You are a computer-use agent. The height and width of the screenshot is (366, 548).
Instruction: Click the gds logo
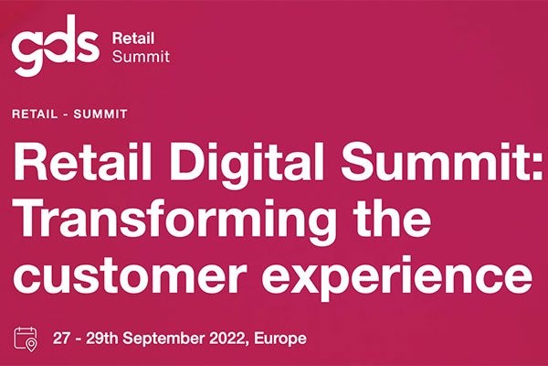coord(55,45)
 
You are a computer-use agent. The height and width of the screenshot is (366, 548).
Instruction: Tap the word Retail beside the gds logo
coord(133,38)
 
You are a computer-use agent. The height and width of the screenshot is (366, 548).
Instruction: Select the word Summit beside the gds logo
coord(141,57)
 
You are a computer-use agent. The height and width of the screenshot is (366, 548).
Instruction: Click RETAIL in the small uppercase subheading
coord(35,114)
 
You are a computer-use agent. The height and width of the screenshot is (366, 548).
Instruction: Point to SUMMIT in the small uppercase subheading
coord(100,114)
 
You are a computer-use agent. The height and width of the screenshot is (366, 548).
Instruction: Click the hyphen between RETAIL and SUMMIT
coord(66,115)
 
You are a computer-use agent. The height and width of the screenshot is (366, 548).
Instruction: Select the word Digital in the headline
coord(247,166)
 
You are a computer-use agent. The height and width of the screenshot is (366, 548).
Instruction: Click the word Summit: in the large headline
coord(441,161)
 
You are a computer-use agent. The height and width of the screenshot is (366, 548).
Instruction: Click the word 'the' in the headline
coord(392,218)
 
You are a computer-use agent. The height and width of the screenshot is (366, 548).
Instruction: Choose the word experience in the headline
coord(397,278)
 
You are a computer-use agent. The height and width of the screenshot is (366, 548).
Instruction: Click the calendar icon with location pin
coord(26,339)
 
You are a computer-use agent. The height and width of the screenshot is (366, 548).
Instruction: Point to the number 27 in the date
coord(61,339)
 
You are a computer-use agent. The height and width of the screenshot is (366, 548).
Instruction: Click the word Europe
coord(280,339)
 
